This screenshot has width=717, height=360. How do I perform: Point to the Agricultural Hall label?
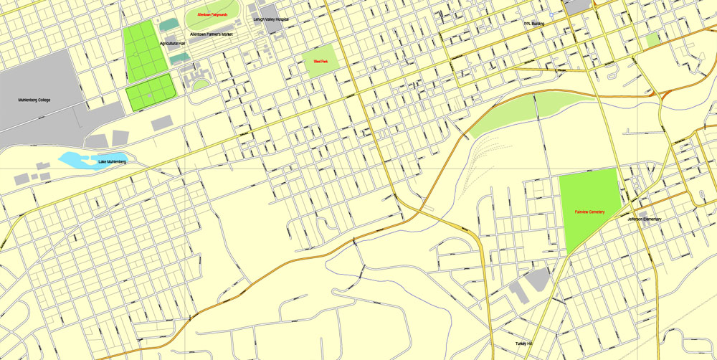(x=173, y=43)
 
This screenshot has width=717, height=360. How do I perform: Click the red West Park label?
(x=320, y=62)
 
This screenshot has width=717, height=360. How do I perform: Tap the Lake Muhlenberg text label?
(x=112, y=162)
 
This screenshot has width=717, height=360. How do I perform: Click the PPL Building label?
(x=534, y=23)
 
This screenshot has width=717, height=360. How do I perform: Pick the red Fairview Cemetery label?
(x=589, y=212)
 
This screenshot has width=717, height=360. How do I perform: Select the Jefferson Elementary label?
(x=645, y=219)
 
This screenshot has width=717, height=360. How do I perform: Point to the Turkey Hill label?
(x=524, y=344)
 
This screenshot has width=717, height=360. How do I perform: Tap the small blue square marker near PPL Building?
(x=551, y=14)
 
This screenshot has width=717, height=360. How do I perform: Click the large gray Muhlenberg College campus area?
(x=36, y=79)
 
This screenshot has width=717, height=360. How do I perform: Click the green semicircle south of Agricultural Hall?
(x=201, y=85)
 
